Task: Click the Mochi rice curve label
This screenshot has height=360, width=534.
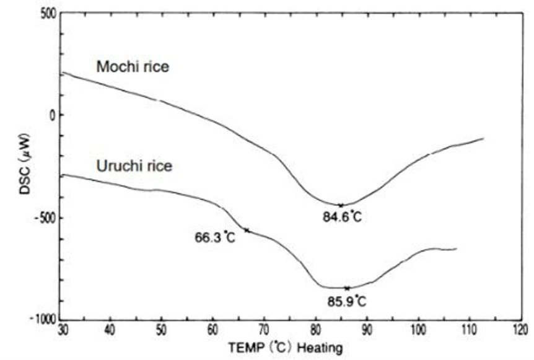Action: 132,66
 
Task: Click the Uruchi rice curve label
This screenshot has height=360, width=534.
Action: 134,165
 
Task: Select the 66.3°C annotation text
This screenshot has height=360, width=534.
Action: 215,237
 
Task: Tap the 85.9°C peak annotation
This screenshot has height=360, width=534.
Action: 349,302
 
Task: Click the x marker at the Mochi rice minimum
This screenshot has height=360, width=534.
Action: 340,205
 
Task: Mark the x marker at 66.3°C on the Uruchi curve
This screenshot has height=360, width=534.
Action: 247,230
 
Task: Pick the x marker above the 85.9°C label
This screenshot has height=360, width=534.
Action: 347,288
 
